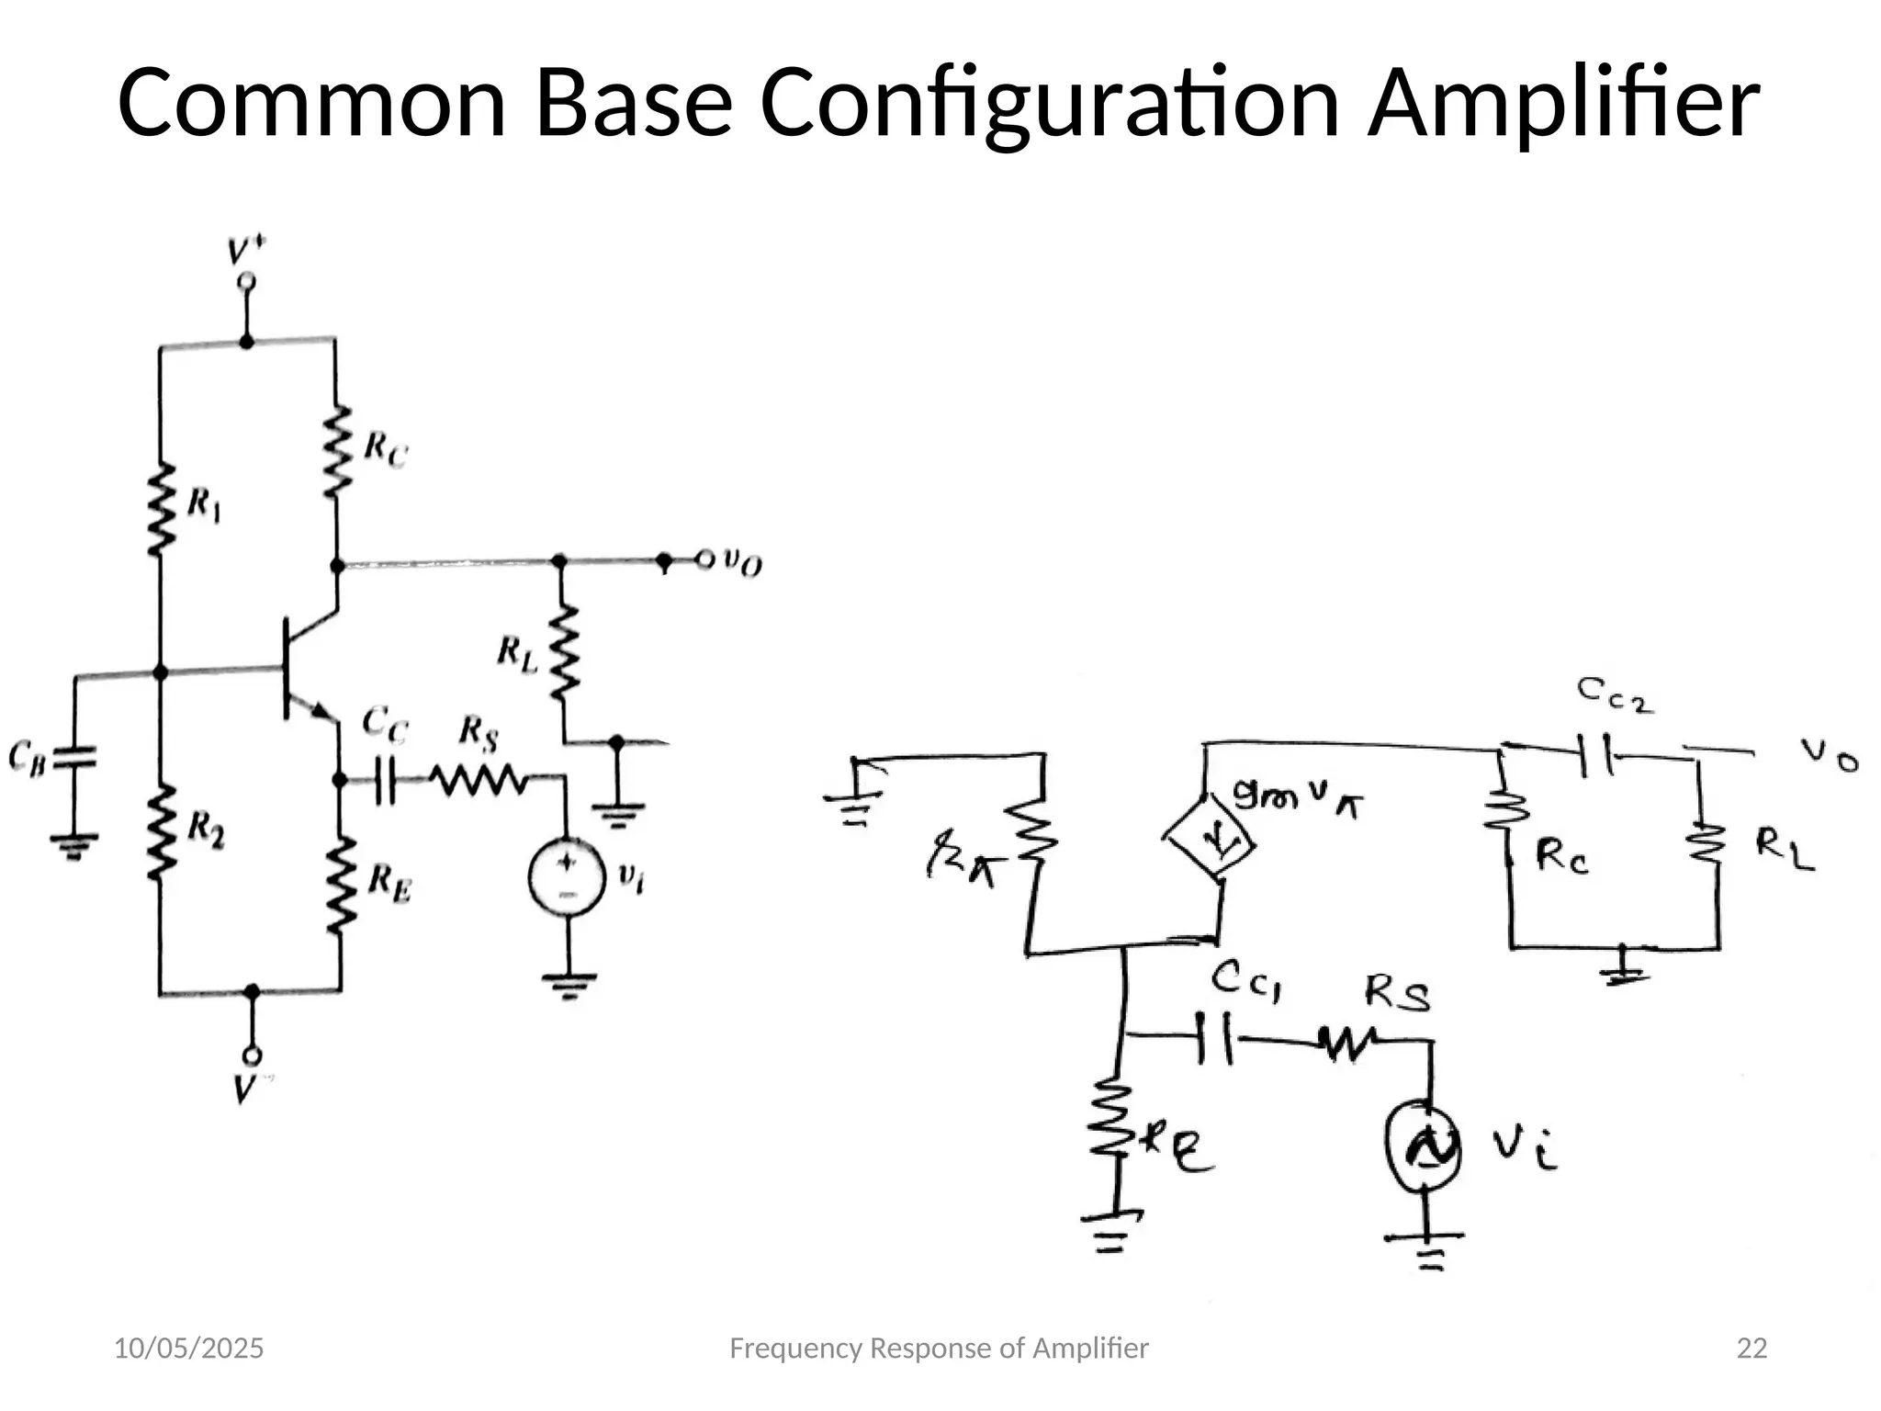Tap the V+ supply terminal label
pyautogui.click(x=246, y=251)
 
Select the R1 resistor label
pyautogui.click(x=203, y=505)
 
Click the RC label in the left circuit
pyautogui.click(x=385, y=449)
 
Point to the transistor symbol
pyautogui.click(x=303, y=669)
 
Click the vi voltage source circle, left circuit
pyautogui.click(x=567, y=876)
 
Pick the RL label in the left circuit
pyautogui.click(x=517, y=654)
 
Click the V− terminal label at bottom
pyautogui.click(x=244, y=1089)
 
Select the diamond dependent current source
pyautogui.click(x=1209, y=838)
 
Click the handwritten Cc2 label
pyautogui.click(x=1615, y=695)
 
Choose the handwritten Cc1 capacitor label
pyautogui.click(x=1245, y=980)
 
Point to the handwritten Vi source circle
pyautogui.click(x=1423, y=1145)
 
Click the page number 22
pyautogui.click(x=1751, y=1349)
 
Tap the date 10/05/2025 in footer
pyautogui.click(x=188, y=1349)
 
